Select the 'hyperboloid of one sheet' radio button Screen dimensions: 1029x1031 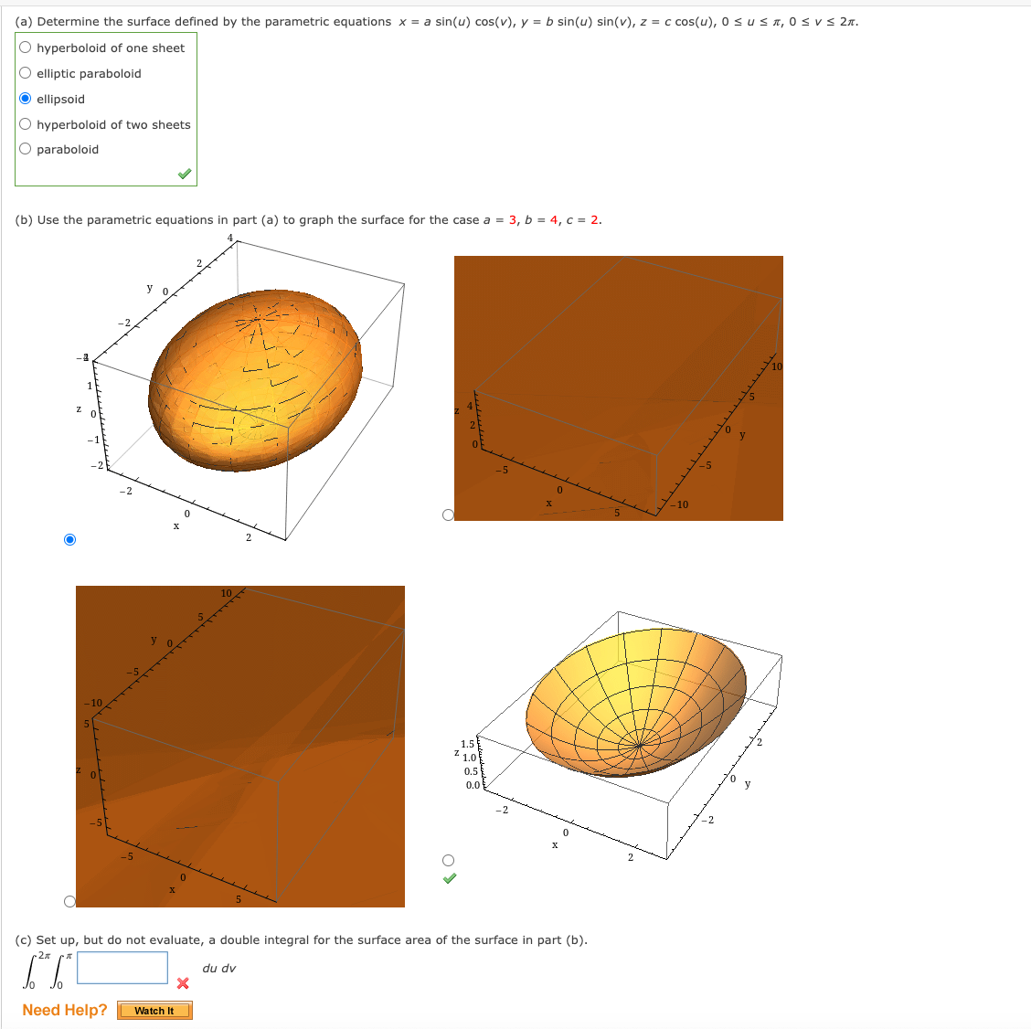26,48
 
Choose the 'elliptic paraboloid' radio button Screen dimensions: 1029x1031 26,73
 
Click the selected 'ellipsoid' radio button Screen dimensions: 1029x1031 26,99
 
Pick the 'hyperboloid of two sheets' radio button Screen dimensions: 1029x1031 26,124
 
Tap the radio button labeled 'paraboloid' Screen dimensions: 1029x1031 26,149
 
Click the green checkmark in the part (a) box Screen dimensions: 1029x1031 185,174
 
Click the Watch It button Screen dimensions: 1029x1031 154,1010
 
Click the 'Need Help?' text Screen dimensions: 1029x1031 64,1010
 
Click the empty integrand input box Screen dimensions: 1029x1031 122,968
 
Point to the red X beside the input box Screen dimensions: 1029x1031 183,983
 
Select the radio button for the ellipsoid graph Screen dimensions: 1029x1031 70,539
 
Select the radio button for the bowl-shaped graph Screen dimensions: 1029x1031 448,860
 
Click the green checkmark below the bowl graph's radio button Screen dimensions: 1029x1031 449,878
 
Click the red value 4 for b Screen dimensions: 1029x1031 554,220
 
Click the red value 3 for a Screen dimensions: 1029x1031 513,220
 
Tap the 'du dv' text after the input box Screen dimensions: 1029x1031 218,969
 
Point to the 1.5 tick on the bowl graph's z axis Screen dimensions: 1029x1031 468,744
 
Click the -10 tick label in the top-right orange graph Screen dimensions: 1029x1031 680,504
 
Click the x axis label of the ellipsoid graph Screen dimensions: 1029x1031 175,525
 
